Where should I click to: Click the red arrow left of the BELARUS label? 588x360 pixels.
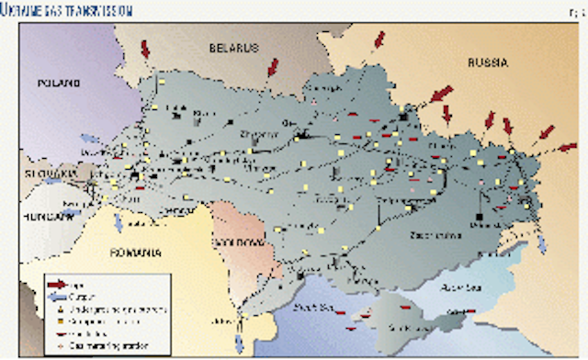(x=146, y=48)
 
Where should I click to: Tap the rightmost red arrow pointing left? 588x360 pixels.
(x=567, y=147)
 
